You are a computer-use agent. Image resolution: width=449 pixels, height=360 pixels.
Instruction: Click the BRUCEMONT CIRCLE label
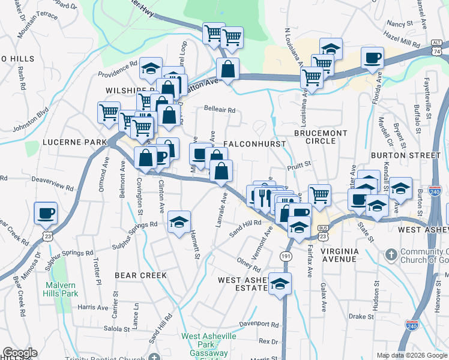(x=316, y=136)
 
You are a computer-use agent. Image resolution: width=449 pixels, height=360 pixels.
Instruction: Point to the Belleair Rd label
(x=219, y=110)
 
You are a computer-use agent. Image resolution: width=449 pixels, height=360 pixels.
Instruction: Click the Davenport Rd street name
(x=259, y=325)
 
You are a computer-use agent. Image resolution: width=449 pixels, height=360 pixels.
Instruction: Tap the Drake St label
(x=361, y=316)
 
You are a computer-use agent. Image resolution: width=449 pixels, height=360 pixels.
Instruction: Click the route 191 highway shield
(x=285, y=256)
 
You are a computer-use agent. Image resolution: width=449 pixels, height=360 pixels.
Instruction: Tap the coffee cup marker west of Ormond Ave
(x=46, y=213)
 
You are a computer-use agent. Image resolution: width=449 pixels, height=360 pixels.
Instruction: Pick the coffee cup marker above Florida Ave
(x=372, y=58)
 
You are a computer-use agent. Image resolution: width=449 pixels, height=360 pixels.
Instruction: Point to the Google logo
(x=20, y=353)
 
